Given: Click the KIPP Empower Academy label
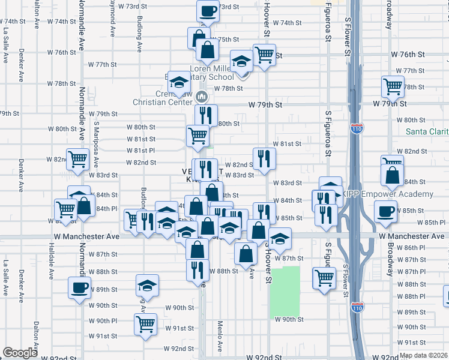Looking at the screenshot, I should (x=388, y=194).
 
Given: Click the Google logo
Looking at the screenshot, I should (x=20, y=352).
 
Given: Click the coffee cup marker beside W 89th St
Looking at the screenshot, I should (x=79, y=287).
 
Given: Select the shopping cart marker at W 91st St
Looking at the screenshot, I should (x=146, y=324).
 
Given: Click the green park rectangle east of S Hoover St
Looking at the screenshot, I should (x=285, y=291).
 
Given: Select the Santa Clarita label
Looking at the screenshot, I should (x=427, y=131).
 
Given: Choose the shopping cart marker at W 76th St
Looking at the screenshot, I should (x=264, y=55).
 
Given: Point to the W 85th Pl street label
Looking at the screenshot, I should (x=430, y=222).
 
